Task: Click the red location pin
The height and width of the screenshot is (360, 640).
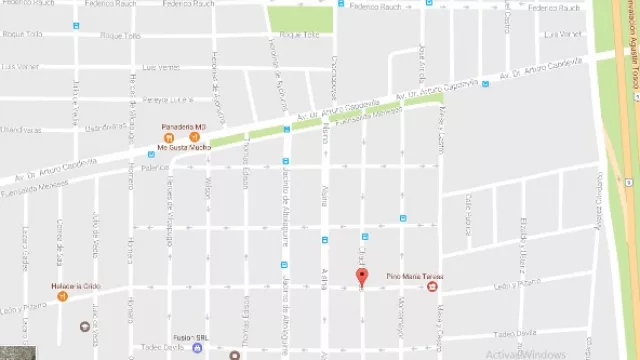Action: (x=363, y=278)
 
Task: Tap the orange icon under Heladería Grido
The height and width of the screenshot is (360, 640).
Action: (x=62, y=298)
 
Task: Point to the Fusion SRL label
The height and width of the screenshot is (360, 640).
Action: (x=189, y=336)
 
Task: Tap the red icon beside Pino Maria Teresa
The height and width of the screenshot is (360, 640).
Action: (x=432, y=288)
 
